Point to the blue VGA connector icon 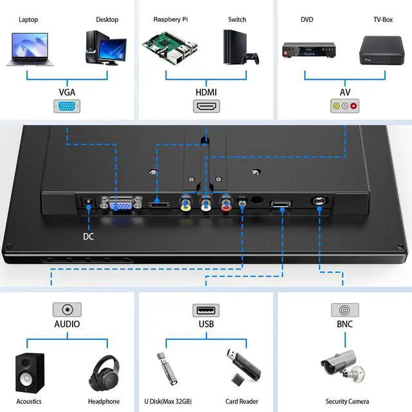[x=68, y=107]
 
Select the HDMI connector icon [x=207, y=107]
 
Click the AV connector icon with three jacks [x=344, y=107]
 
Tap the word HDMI [x=206, y=92]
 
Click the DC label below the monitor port [x=89, y=236]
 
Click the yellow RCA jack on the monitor [x=186, y=205]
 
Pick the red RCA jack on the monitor [x=226, y=205]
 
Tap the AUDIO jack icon [x=67, y=310]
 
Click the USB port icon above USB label [x=206, y=310]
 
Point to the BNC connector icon [x=344, y=310]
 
